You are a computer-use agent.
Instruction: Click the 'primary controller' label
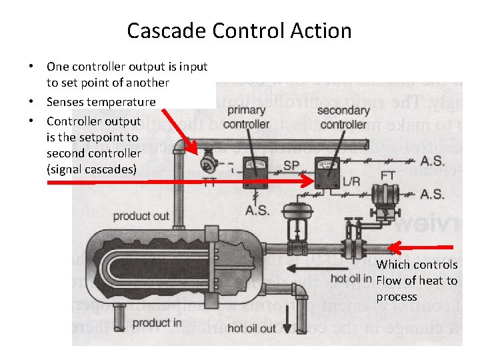point(247,118)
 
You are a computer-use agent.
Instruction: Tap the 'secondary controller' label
point(343,117)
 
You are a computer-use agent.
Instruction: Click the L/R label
point(351,181)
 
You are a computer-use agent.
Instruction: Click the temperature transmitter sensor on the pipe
point(208,160)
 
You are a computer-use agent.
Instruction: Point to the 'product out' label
point(141,216)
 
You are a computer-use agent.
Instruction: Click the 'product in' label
point(158,323)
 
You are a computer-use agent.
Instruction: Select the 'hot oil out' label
point(251,328)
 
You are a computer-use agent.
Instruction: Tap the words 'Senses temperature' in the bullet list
point(101,102)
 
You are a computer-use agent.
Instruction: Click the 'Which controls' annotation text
point(417,265)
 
